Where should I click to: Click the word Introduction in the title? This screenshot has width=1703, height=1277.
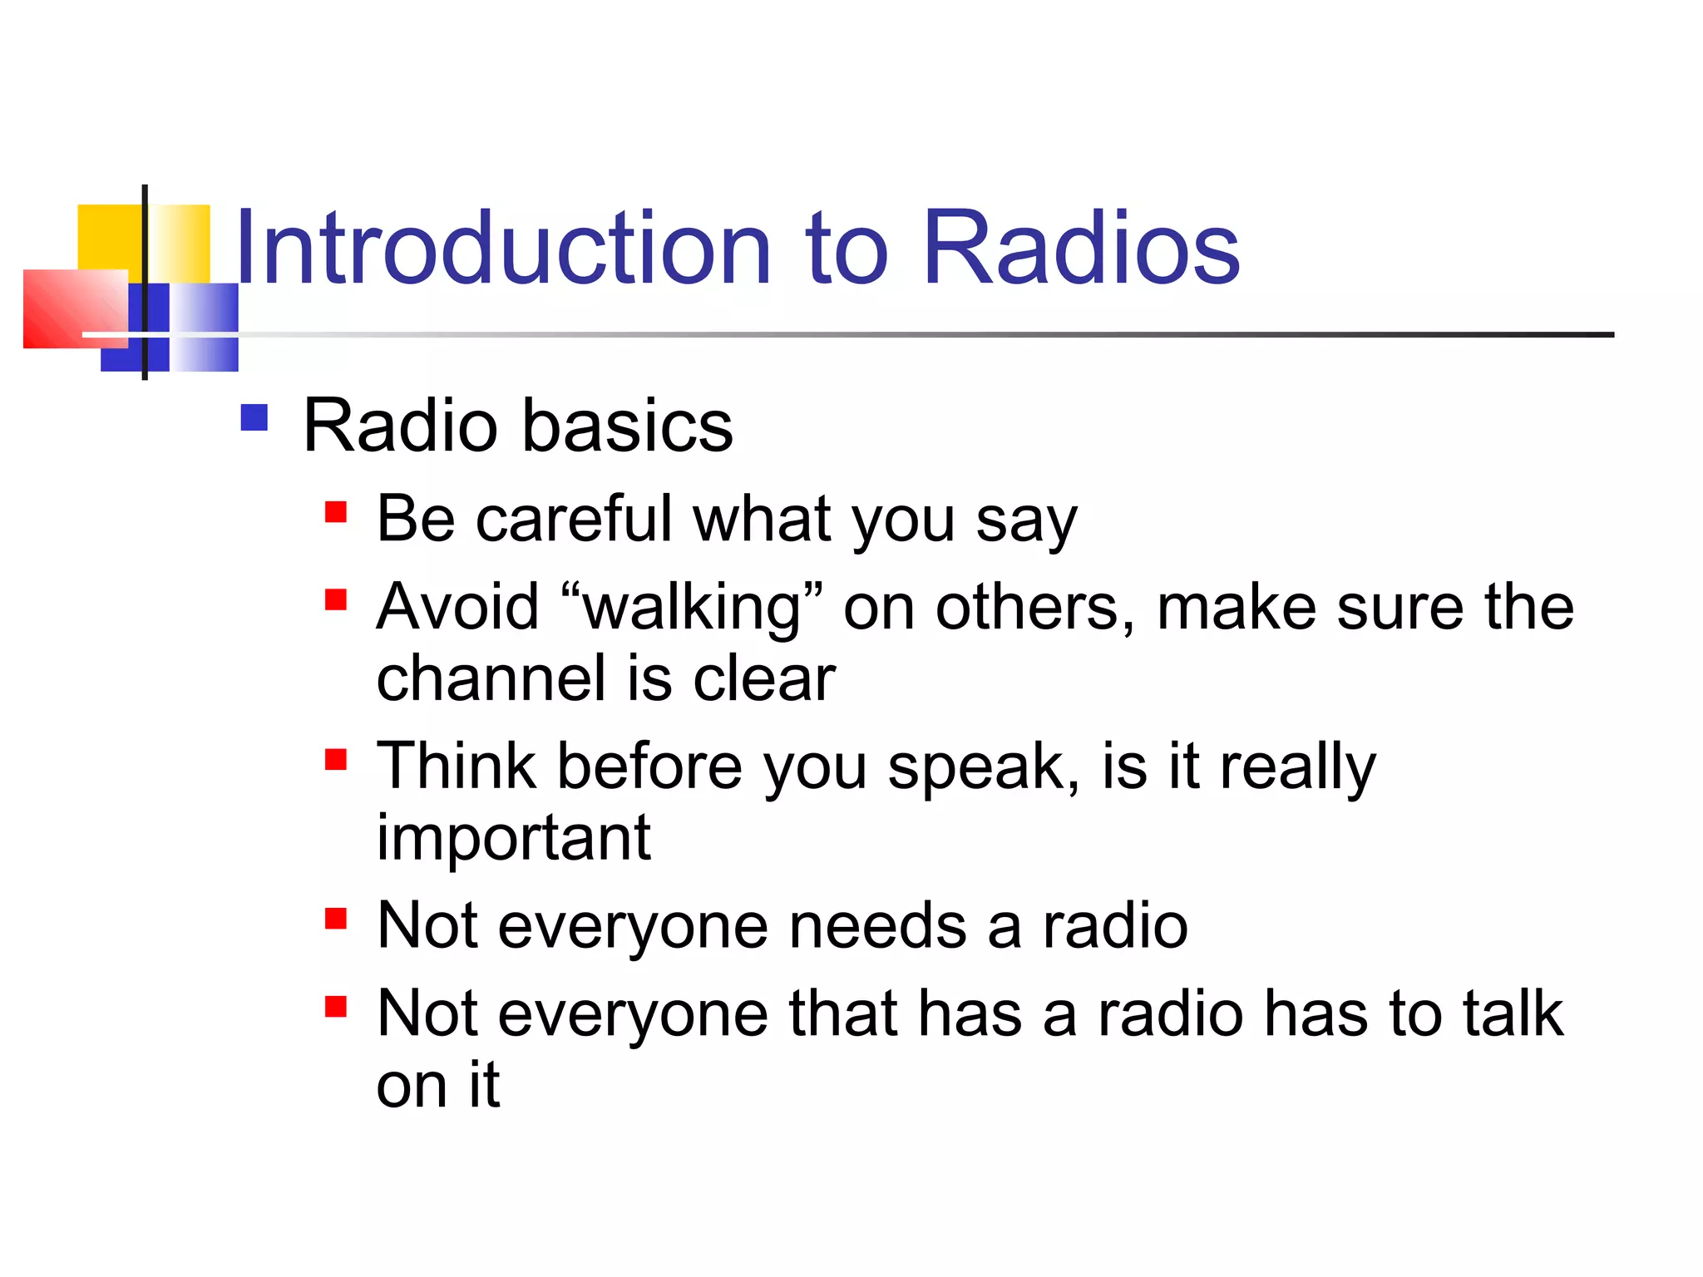point(503,248)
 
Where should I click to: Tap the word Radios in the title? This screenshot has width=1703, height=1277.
point(1081,248)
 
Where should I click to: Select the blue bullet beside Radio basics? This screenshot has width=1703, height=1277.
point(254,417)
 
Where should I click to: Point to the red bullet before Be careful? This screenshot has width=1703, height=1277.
point(336,510)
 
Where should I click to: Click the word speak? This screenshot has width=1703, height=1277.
point(981,767)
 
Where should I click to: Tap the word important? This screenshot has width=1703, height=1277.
point(513,838)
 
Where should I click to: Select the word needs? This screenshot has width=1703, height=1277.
point(877,926)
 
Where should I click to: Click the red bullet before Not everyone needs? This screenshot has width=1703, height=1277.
point(336,919)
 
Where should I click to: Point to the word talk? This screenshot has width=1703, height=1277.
point(1513,1013)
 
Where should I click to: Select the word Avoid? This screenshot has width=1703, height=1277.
point(458,607)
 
